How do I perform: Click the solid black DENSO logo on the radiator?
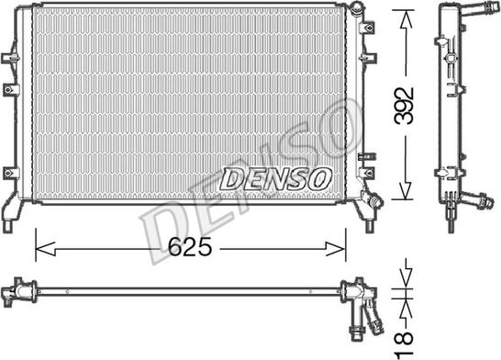coord(273,176)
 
